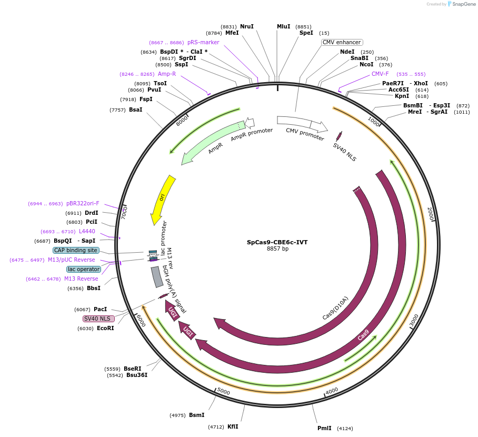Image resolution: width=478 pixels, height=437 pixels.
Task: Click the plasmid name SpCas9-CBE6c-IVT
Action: tap(277, 242)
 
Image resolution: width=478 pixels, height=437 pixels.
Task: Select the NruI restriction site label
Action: tap(246, 26)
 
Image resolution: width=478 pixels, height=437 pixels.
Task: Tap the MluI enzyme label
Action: tap(283, 26)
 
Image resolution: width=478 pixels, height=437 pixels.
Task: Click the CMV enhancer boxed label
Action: tap(342, 42)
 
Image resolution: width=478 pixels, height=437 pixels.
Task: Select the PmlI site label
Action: tap(324, 428)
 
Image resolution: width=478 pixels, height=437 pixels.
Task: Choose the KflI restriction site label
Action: tap(233, 426)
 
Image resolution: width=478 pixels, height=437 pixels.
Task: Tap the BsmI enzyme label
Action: tap(196, 415)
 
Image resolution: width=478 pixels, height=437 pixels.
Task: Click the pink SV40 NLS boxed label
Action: tap(98, 319)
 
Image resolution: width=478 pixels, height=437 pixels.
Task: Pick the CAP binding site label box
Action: tap(76, 250)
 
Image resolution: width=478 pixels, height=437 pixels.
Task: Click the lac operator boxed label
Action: tap(83, 269)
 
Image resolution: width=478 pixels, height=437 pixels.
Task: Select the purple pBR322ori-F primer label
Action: tap(83, 203)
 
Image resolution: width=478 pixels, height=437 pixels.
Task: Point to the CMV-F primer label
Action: tap(380, 74)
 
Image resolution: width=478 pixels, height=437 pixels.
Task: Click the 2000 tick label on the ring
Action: tap(430, 213)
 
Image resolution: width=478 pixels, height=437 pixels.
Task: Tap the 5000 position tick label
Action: tap(224, 392)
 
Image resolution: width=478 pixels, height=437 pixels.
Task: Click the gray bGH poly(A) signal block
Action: tap(157, 277)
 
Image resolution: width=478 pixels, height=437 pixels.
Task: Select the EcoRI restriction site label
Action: tap(105, 328)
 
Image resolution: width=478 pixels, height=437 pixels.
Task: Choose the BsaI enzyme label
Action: tap(135, 110)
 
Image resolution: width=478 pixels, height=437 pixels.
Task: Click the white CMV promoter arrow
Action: tap(302, 124)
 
